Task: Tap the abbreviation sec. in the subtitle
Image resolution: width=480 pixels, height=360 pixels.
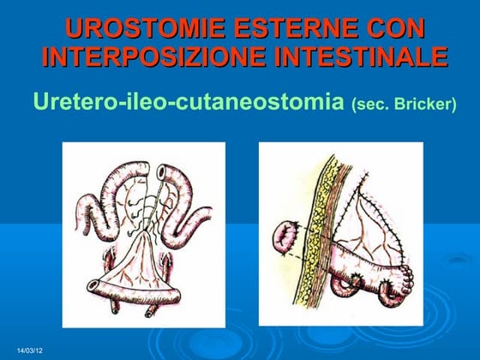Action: [369, 105]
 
